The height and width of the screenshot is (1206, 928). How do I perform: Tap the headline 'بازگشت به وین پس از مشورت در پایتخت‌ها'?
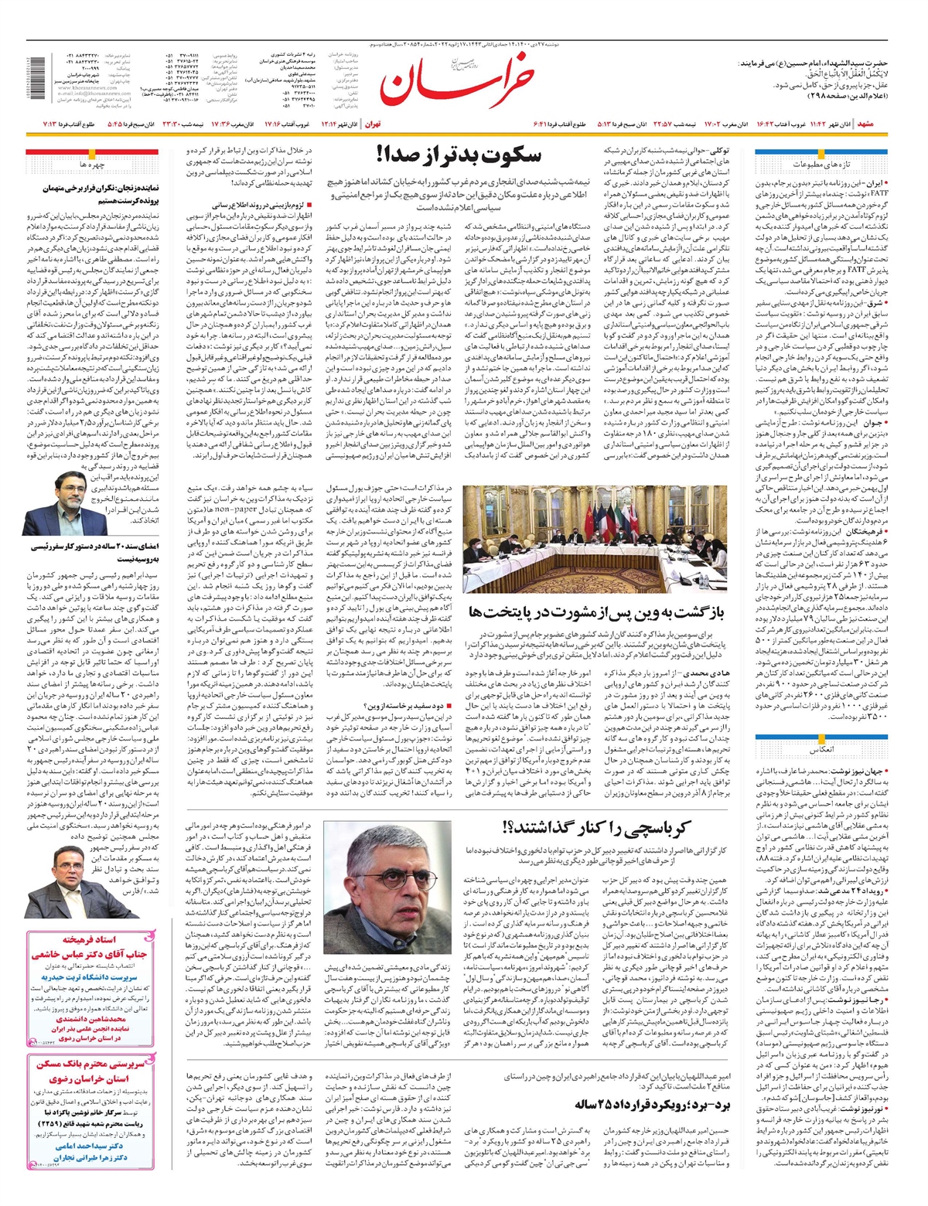click(596, 612)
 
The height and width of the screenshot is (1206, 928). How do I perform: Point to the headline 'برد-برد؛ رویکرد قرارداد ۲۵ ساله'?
click(652, 1099)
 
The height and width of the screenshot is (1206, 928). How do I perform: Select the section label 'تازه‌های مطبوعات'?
click(821, 165)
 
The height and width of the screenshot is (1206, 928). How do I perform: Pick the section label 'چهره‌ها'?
click(91, 165)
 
